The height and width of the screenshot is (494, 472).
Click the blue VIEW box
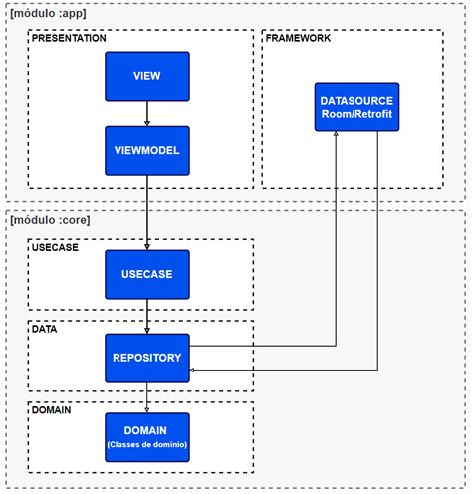147,76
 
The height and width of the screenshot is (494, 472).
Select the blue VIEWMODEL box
147,150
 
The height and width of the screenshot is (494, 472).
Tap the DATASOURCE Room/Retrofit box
356,108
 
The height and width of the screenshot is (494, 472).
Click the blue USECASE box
147,274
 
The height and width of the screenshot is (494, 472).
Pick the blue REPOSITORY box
147,358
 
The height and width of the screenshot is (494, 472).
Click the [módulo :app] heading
48,14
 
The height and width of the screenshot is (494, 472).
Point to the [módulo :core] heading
50,220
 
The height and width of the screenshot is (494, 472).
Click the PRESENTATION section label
69,38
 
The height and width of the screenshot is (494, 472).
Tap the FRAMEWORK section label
298,38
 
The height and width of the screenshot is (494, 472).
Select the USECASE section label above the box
56,245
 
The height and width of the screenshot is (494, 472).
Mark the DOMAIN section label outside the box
50,409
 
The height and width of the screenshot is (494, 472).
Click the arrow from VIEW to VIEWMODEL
147,114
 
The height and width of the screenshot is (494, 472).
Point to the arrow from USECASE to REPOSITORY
147,317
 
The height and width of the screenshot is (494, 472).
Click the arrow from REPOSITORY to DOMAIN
147,397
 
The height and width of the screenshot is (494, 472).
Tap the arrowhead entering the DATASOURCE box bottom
335,138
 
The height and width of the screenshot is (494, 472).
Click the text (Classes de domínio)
147,443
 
